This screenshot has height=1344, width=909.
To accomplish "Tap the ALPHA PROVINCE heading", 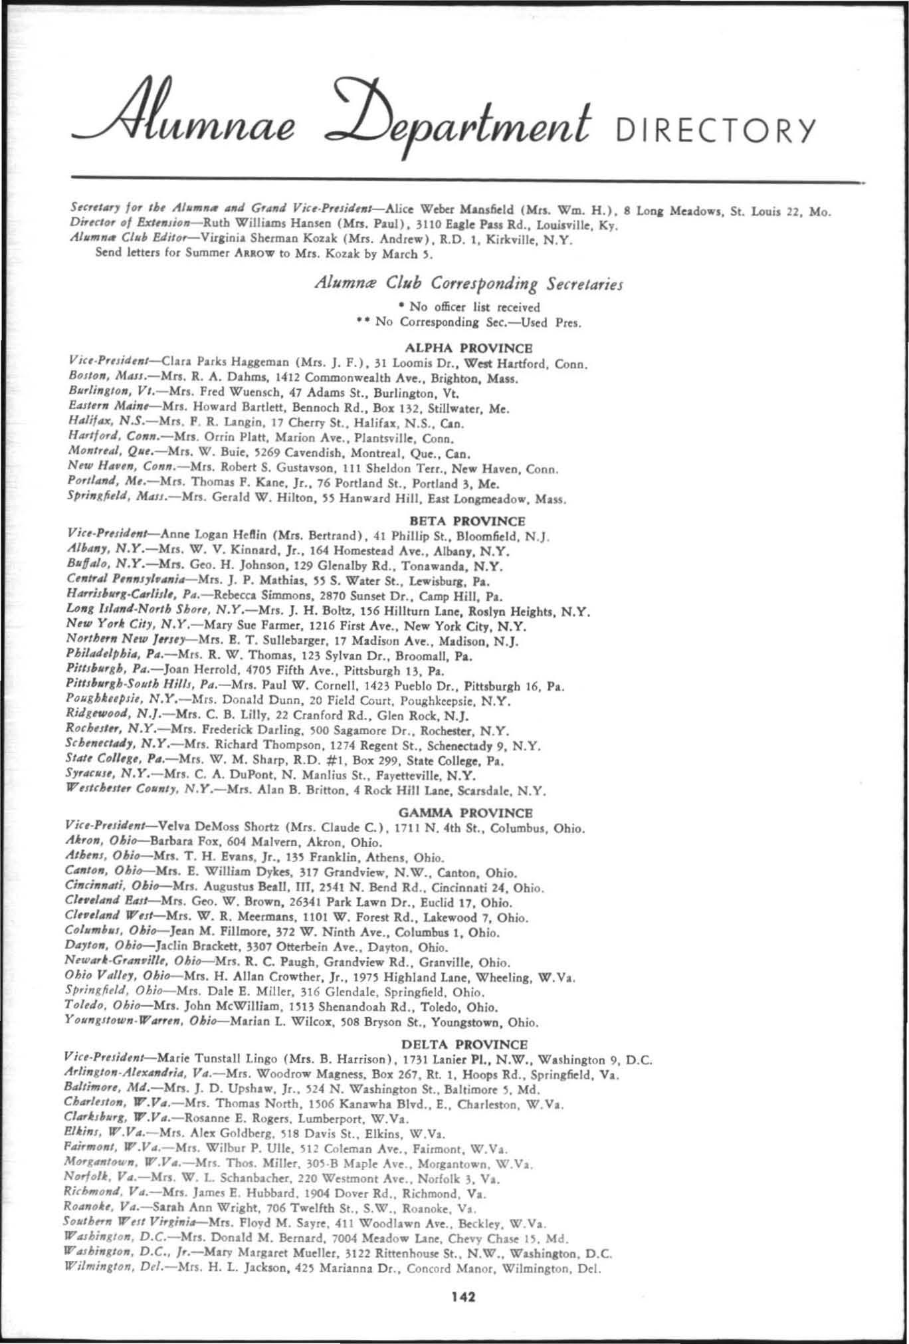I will (x=468, y=348).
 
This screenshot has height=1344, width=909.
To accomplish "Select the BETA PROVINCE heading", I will (x=468, y=520).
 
